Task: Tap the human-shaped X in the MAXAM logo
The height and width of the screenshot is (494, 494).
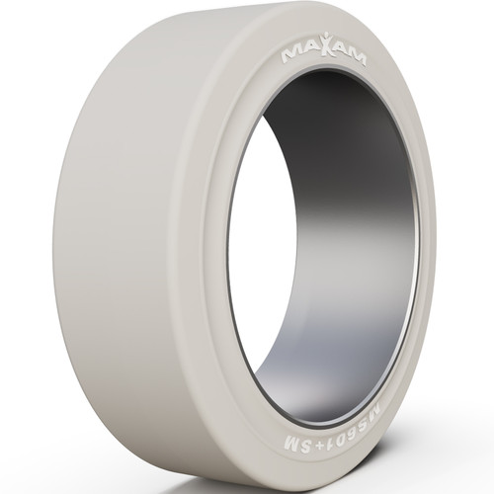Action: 323,49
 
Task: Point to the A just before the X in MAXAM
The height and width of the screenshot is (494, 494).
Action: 307,49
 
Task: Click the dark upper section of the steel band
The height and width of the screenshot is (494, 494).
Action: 336,109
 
